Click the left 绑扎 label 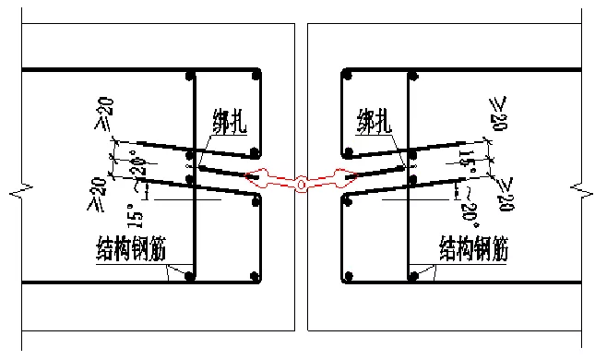click(x=231, y=121)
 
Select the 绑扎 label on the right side click(x=376, y=121)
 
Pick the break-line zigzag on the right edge click(x=582, y=191)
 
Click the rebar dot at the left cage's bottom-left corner click(x=190, y=274)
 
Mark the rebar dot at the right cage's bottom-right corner click(x=413, y=274)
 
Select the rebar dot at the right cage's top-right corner click(x=413, y=74)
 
